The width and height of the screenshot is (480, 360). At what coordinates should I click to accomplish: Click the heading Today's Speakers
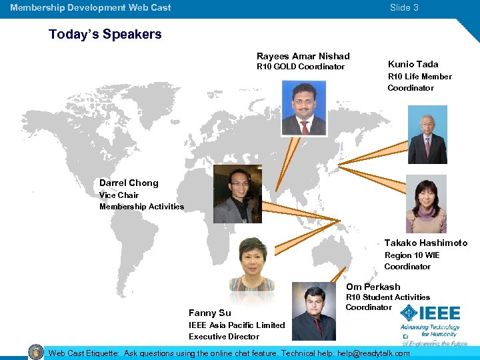pyautogui.click(x=105, y=35)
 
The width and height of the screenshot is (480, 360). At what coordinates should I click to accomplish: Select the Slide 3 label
pyautogui.click(x=404, y=8)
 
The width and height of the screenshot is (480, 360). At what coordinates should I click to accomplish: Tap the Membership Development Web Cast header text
pyautogui.click(x=91, y=8)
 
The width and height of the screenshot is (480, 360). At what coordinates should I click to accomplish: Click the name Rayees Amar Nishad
pyautogui.click(x=303, y=56)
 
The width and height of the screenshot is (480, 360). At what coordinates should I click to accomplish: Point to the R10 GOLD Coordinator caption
pyautogui.click(x=301, y=67)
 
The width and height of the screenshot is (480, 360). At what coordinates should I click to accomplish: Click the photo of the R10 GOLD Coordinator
pyautogui.click(x=303, y=108)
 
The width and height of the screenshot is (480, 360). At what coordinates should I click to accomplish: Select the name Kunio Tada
pyautogui.click(x=413, y=64)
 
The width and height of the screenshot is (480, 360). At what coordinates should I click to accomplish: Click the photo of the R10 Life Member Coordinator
pyautogui.click(x=427, y=135)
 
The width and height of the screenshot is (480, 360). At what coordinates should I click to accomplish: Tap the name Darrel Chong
pyautogui.click(x=129, y=183)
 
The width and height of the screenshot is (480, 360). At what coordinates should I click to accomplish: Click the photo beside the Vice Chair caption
pyautogui.click(x=237, y=194)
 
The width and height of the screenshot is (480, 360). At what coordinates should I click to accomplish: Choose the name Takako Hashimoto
pyautogui.click(x=425, y=243)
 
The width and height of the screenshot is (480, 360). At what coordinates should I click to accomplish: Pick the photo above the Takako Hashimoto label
pyautogui.click(x=426, y=204)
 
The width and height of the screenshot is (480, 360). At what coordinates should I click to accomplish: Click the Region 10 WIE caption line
pyautogui.click(x=412, y=255)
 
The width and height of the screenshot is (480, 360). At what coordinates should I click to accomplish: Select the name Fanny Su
pyautogui.click(x=209, y=313)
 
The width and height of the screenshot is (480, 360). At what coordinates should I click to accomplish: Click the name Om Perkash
pyautogui.click(x=373, y=287)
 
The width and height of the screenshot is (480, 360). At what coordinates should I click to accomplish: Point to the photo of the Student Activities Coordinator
pyautogui.click(x=313, y=311)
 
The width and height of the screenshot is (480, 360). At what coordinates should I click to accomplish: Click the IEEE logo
pyautogui.click(x=431, y=315)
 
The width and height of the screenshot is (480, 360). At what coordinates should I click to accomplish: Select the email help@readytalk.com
pyautogui.click(x=373, y=353)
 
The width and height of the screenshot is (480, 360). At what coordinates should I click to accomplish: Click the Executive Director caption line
pyautogui.click(x=223, y=337)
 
